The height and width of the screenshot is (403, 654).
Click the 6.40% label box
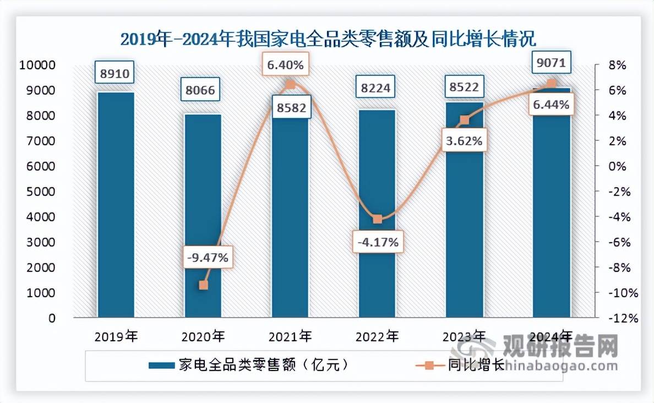pyautogui.click(x=285, y=65)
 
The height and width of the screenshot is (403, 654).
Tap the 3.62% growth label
pyautogui.click(x=464, y=140)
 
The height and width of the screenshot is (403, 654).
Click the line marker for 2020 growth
pyautogui.click(x=203, y=285)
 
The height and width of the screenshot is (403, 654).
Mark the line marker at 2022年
pyautogui.click(x=377, y=219)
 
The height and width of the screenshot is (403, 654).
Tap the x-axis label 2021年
pyautogui.click(x=290, y=336)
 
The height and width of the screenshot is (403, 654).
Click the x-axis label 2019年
pyautogui.click(x=116, y=336)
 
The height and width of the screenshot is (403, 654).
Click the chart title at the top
pyautogui.click(x=328, y=39)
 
